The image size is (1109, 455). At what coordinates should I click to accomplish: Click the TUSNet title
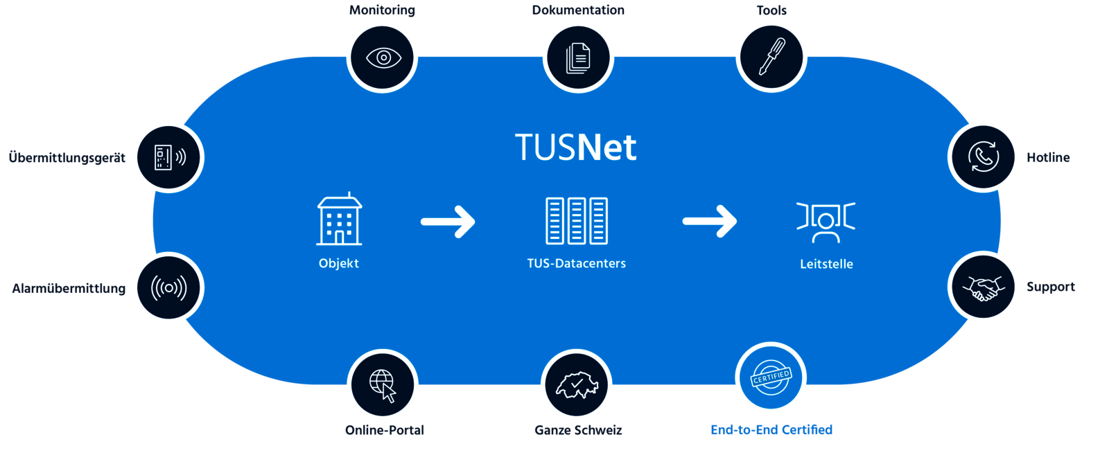coord(575,148)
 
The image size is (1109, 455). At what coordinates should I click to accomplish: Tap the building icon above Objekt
coord(339,220)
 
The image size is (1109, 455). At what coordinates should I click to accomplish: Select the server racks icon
coord(577,221)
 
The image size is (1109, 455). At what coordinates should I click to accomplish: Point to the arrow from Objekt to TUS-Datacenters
coord(448,222)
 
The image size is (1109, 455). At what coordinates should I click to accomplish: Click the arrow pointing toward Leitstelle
coord(710,222)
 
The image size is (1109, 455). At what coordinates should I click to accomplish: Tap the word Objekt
coord(339,263)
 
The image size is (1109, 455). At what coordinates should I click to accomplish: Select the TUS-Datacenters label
coord(577,263)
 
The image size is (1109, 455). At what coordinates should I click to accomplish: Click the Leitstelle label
coord(826,264)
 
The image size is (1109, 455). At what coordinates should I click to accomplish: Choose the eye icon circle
coord(383,57)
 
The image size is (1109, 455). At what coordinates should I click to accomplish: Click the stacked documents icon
coord(577,57)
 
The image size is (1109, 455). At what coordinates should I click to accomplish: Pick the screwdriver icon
coord(771,57)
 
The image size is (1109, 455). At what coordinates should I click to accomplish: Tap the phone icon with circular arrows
coord(984,157)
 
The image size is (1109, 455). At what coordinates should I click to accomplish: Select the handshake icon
coord(984,287)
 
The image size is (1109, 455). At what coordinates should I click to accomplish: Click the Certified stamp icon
coord(771,378)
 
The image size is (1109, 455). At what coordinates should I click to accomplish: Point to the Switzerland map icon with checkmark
coord(577,385)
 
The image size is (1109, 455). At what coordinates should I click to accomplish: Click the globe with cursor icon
coord(383,385)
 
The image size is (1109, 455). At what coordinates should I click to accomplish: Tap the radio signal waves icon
coord(168,287)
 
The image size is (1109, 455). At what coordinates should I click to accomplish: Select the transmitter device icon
coord(168,157)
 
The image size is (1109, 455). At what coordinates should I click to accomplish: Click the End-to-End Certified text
coord(771,429)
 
